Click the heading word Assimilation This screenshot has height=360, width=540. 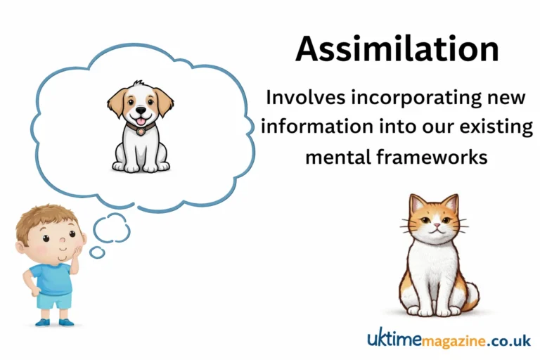397,50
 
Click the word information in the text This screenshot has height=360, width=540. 316,127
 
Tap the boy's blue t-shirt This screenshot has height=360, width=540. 52,277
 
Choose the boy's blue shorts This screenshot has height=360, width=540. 55,300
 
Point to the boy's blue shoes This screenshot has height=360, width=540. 53,323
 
